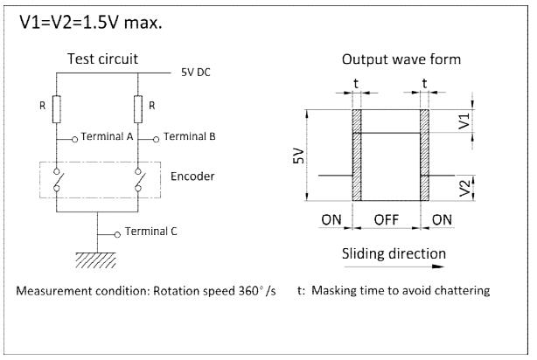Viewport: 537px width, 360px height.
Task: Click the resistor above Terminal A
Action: coord(57,109)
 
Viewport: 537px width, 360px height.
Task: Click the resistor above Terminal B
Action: coord(138,109)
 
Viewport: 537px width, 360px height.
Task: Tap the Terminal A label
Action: coord(107,136)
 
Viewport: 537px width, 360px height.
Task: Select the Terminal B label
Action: coord(190,136)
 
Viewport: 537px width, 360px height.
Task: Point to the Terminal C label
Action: coord(151,232)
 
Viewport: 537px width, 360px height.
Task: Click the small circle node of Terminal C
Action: coord(117,235)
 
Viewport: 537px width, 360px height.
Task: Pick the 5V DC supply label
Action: coord(196,73)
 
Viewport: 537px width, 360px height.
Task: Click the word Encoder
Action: coord(192,177)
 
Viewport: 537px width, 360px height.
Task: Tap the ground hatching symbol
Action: coord(95,260)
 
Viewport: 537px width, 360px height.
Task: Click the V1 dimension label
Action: coord(464,121)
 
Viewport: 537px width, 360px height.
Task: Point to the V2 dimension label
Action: coord(464,188)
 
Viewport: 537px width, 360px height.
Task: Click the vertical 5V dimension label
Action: coord(299,156)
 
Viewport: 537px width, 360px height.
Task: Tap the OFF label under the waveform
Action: coord(387,219)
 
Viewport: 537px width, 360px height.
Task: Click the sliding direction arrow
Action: coord(394,267)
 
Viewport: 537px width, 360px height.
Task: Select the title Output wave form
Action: coord(401,59)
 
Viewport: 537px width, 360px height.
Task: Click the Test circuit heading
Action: coord(102,59)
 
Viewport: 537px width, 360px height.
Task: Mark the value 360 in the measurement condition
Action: coord(248,290)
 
